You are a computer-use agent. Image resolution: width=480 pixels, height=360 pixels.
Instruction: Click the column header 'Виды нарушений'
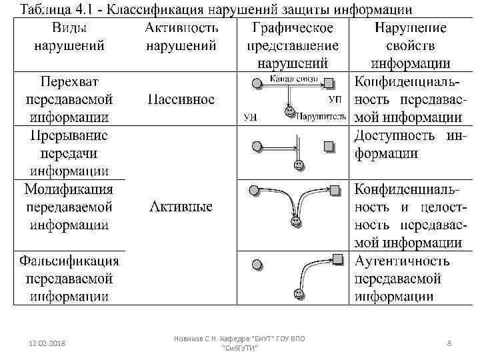69,37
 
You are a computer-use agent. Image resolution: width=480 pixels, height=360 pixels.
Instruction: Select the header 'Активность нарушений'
181,37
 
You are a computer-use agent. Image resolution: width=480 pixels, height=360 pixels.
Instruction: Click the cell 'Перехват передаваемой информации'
69,99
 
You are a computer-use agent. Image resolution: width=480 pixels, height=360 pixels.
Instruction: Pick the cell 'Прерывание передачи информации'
69,153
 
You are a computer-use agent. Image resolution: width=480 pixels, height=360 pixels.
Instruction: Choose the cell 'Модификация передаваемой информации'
69,207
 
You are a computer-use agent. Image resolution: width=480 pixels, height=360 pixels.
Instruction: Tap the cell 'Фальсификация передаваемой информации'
69,278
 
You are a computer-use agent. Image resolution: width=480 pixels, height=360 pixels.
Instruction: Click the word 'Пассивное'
181,100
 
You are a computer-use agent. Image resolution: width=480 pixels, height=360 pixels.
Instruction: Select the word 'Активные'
181,207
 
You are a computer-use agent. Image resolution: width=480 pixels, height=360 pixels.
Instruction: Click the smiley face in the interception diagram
289,110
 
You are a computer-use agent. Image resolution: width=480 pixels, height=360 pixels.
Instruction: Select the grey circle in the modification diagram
253,191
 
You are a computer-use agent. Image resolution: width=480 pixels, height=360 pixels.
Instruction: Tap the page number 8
449,343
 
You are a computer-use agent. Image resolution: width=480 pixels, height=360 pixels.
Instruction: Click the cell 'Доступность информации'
408,144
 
